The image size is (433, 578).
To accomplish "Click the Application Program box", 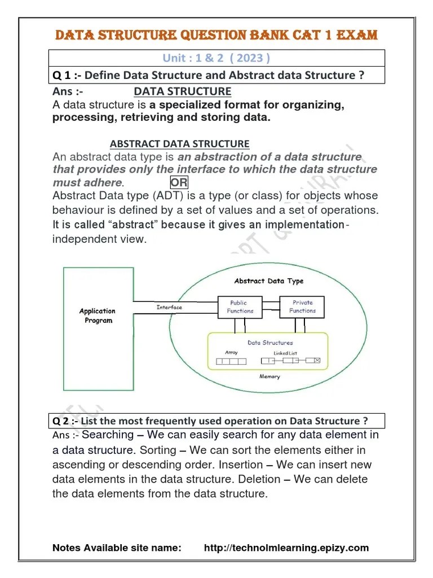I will pos(96,316).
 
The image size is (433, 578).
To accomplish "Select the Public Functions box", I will pos(240,306).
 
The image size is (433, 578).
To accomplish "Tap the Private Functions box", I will pos(302,306).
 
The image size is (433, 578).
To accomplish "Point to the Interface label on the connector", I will pos(169,308).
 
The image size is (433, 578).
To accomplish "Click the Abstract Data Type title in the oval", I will pos(268,281).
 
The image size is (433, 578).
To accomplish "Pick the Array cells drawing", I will pos(232,360).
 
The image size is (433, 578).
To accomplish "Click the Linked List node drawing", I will pos(290,360).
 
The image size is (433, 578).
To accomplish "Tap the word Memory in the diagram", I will pos(269,376).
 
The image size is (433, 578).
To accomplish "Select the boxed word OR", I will pos(179,182).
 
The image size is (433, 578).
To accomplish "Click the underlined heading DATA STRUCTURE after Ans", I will pos(182,91).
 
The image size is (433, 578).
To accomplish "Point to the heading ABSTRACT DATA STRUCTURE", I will pos(179,144).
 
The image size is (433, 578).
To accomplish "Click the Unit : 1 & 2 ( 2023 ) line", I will pos(216,58).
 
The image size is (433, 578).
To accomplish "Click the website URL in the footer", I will pos(286,548).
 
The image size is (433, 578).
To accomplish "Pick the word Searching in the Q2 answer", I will pos(108,435).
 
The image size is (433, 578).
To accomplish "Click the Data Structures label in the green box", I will pos(270,343).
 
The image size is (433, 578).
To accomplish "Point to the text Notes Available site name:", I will pos(117,548).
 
